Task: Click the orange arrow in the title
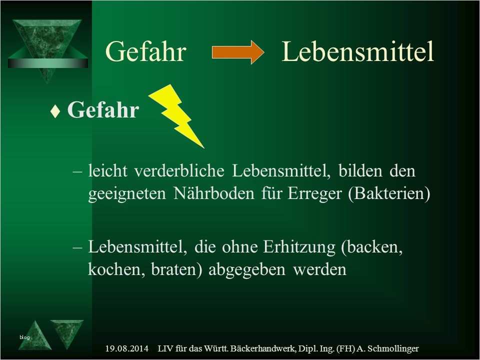pos(238,52)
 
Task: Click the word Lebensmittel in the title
pos(357,51)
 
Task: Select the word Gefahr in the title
pos(145,51)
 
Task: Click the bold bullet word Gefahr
pos(103,109)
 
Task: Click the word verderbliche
pos(179,170)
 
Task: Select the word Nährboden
pos(214,193)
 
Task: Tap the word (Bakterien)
pos(389,194)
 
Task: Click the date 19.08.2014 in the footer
pos(126,348)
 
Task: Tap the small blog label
pos(24,337)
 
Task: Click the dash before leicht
pos(77,171)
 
